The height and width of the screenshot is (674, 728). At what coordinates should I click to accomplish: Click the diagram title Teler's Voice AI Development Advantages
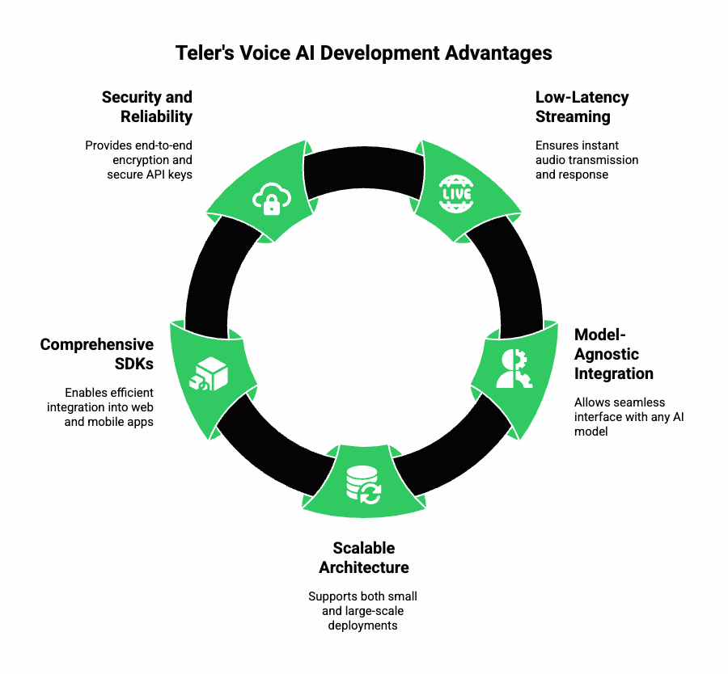[x=364, y=53]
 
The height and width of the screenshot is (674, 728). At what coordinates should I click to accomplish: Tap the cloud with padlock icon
[x=271, y=199]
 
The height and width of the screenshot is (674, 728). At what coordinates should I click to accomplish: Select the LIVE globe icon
[x=455, y=193]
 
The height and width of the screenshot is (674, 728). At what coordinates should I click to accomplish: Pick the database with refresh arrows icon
[x=363, y=483]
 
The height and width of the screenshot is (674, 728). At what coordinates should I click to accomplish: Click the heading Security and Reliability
[x=146, y=107]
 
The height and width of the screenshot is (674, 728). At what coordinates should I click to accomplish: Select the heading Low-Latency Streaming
[x=582, y=107]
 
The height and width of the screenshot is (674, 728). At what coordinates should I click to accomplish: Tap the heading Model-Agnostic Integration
[x=614, y=354]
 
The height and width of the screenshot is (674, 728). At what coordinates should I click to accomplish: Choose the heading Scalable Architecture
[x=363, y=558]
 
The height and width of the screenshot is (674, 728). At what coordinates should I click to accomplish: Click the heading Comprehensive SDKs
[x=97, y=354]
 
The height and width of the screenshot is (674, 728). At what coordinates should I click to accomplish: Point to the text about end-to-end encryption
[x=138, y=160]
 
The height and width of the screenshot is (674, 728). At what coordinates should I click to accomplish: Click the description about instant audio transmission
[x=586, y=160]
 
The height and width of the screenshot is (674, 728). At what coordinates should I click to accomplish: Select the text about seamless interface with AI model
[x=629, y=416]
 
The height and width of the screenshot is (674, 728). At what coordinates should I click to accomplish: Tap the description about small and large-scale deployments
[x=363, y=611]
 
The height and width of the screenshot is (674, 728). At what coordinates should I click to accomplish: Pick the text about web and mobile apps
[x=100, y=407]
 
